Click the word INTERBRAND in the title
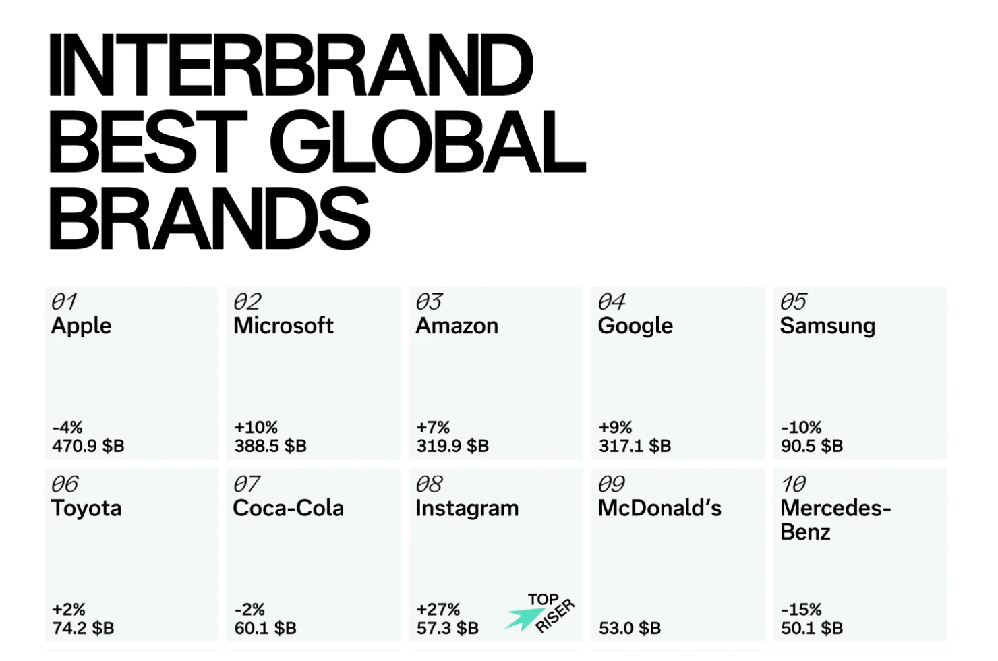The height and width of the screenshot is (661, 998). coord(291,65)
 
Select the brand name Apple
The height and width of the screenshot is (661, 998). coord(81,326)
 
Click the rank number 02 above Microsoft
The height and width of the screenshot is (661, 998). coord(247,301)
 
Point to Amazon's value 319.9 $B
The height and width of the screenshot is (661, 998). coord(452,446)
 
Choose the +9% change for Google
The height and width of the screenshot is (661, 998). coord(615,428)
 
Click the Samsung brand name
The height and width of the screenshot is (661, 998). coord(828,326)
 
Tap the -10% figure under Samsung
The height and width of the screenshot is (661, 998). coord(801,428)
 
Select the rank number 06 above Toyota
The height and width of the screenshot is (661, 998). coord(65,484)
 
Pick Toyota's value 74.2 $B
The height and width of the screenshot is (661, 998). coord(84,628)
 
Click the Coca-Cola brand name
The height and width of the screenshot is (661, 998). coord(288,508)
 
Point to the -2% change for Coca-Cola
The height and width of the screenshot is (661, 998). coord(249,609)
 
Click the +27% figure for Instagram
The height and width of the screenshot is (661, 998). coord(438,609)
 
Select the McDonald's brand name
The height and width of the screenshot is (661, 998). coord(659,508)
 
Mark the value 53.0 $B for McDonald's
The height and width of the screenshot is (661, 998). coord(630,628)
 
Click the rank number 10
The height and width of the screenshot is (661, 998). coord(794,484)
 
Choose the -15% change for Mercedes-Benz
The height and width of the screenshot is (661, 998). coord(801,609)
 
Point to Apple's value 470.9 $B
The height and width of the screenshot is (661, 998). coord(88,446)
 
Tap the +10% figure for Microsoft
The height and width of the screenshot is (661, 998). coord(256,428)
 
